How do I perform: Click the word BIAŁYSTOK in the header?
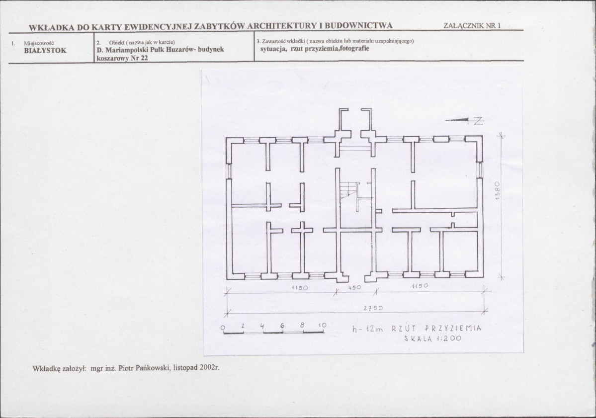tap(45, 51)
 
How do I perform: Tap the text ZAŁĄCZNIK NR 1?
tap(472, 25)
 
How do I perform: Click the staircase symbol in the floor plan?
tap(349, 189)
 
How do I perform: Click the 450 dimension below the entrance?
tap(354, 288)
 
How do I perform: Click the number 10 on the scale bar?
tap(322, 326)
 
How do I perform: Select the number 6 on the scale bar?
tap(282, 326)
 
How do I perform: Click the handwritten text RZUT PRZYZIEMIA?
tap(436, 329)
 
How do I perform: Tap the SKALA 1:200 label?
tap(432, 338)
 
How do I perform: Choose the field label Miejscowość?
tap(39, 43)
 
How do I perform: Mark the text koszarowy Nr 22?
tap(122, 58)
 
